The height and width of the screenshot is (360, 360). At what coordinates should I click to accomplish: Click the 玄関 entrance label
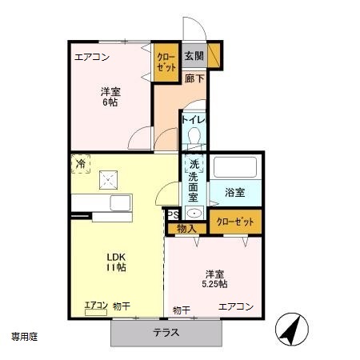tap(194, 56)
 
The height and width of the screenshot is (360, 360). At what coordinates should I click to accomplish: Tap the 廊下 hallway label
tap(194, 78)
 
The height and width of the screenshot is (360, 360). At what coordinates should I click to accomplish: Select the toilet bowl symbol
tap(194, 135)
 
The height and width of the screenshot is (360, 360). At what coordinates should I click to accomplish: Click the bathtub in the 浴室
tap(235, 167)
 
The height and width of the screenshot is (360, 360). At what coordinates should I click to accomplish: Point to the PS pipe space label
tap(173, 215)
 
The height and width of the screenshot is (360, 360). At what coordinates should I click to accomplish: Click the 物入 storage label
tap(186, 229)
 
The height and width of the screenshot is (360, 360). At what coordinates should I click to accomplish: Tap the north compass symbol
tap(292, 329)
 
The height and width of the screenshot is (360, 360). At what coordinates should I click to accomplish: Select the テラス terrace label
tap(166, 333)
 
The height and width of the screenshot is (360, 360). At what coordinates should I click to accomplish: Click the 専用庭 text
tap(25, 337)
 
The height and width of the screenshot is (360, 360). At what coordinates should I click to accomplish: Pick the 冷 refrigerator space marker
tap(81, 164)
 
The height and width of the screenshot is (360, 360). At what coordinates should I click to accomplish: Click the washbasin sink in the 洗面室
tap(194, 213)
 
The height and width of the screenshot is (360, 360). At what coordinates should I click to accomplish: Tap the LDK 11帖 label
tap(116, 262)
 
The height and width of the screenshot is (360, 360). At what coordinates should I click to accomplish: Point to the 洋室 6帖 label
tap(110, 97)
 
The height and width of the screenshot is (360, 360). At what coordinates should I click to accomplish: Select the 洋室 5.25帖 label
tap(214, 279)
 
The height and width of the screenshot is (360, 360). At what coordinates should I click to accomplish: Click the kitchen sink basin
tap(121, 203)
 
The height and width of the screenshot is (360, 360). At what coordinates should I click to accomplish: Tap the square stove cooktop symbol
tap(108, 180)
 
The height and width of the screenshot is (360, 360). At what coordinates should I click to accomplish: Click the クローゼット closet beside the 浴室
tap(235, 222)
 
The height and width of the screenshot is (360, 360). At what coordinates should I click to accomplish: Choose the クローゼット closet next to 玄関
tap(166, 62)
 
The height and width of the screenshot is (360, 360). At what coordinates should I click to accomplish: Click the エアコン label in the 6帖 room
tap(92, 57)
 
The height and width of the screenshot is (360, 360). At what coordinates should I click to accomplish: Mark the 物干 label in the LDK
tap(122, 306)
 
